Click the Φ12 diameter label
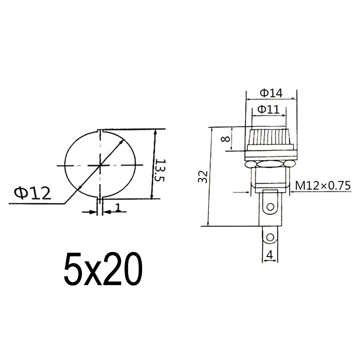tap(32, 193)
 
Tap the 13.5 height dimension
tap(159, 170)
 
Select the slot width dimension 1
tap(118, 207)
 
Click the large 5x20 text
tap(103, 269)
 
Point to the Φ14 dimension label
tap(271, 93)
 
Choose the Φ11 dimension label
tap(269, 109)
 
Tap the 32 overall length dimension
tap(203, 176)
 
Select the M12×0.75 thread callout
tap(323, 185)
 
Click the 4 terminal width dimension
tap(270, 255)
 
